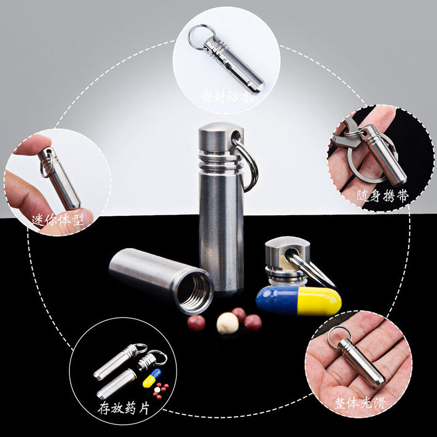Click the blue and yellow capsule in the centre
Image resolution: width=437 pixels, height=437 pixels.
298,300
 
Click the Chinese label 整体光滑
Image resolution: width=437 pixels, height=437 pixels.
361,403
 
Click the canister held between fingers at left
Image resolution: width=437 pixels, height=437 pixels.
60,179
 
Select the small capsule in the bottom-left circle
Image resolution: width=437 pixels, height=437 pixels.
152,378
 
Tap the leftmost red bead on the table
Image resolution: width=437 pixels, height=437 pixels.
196,322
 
